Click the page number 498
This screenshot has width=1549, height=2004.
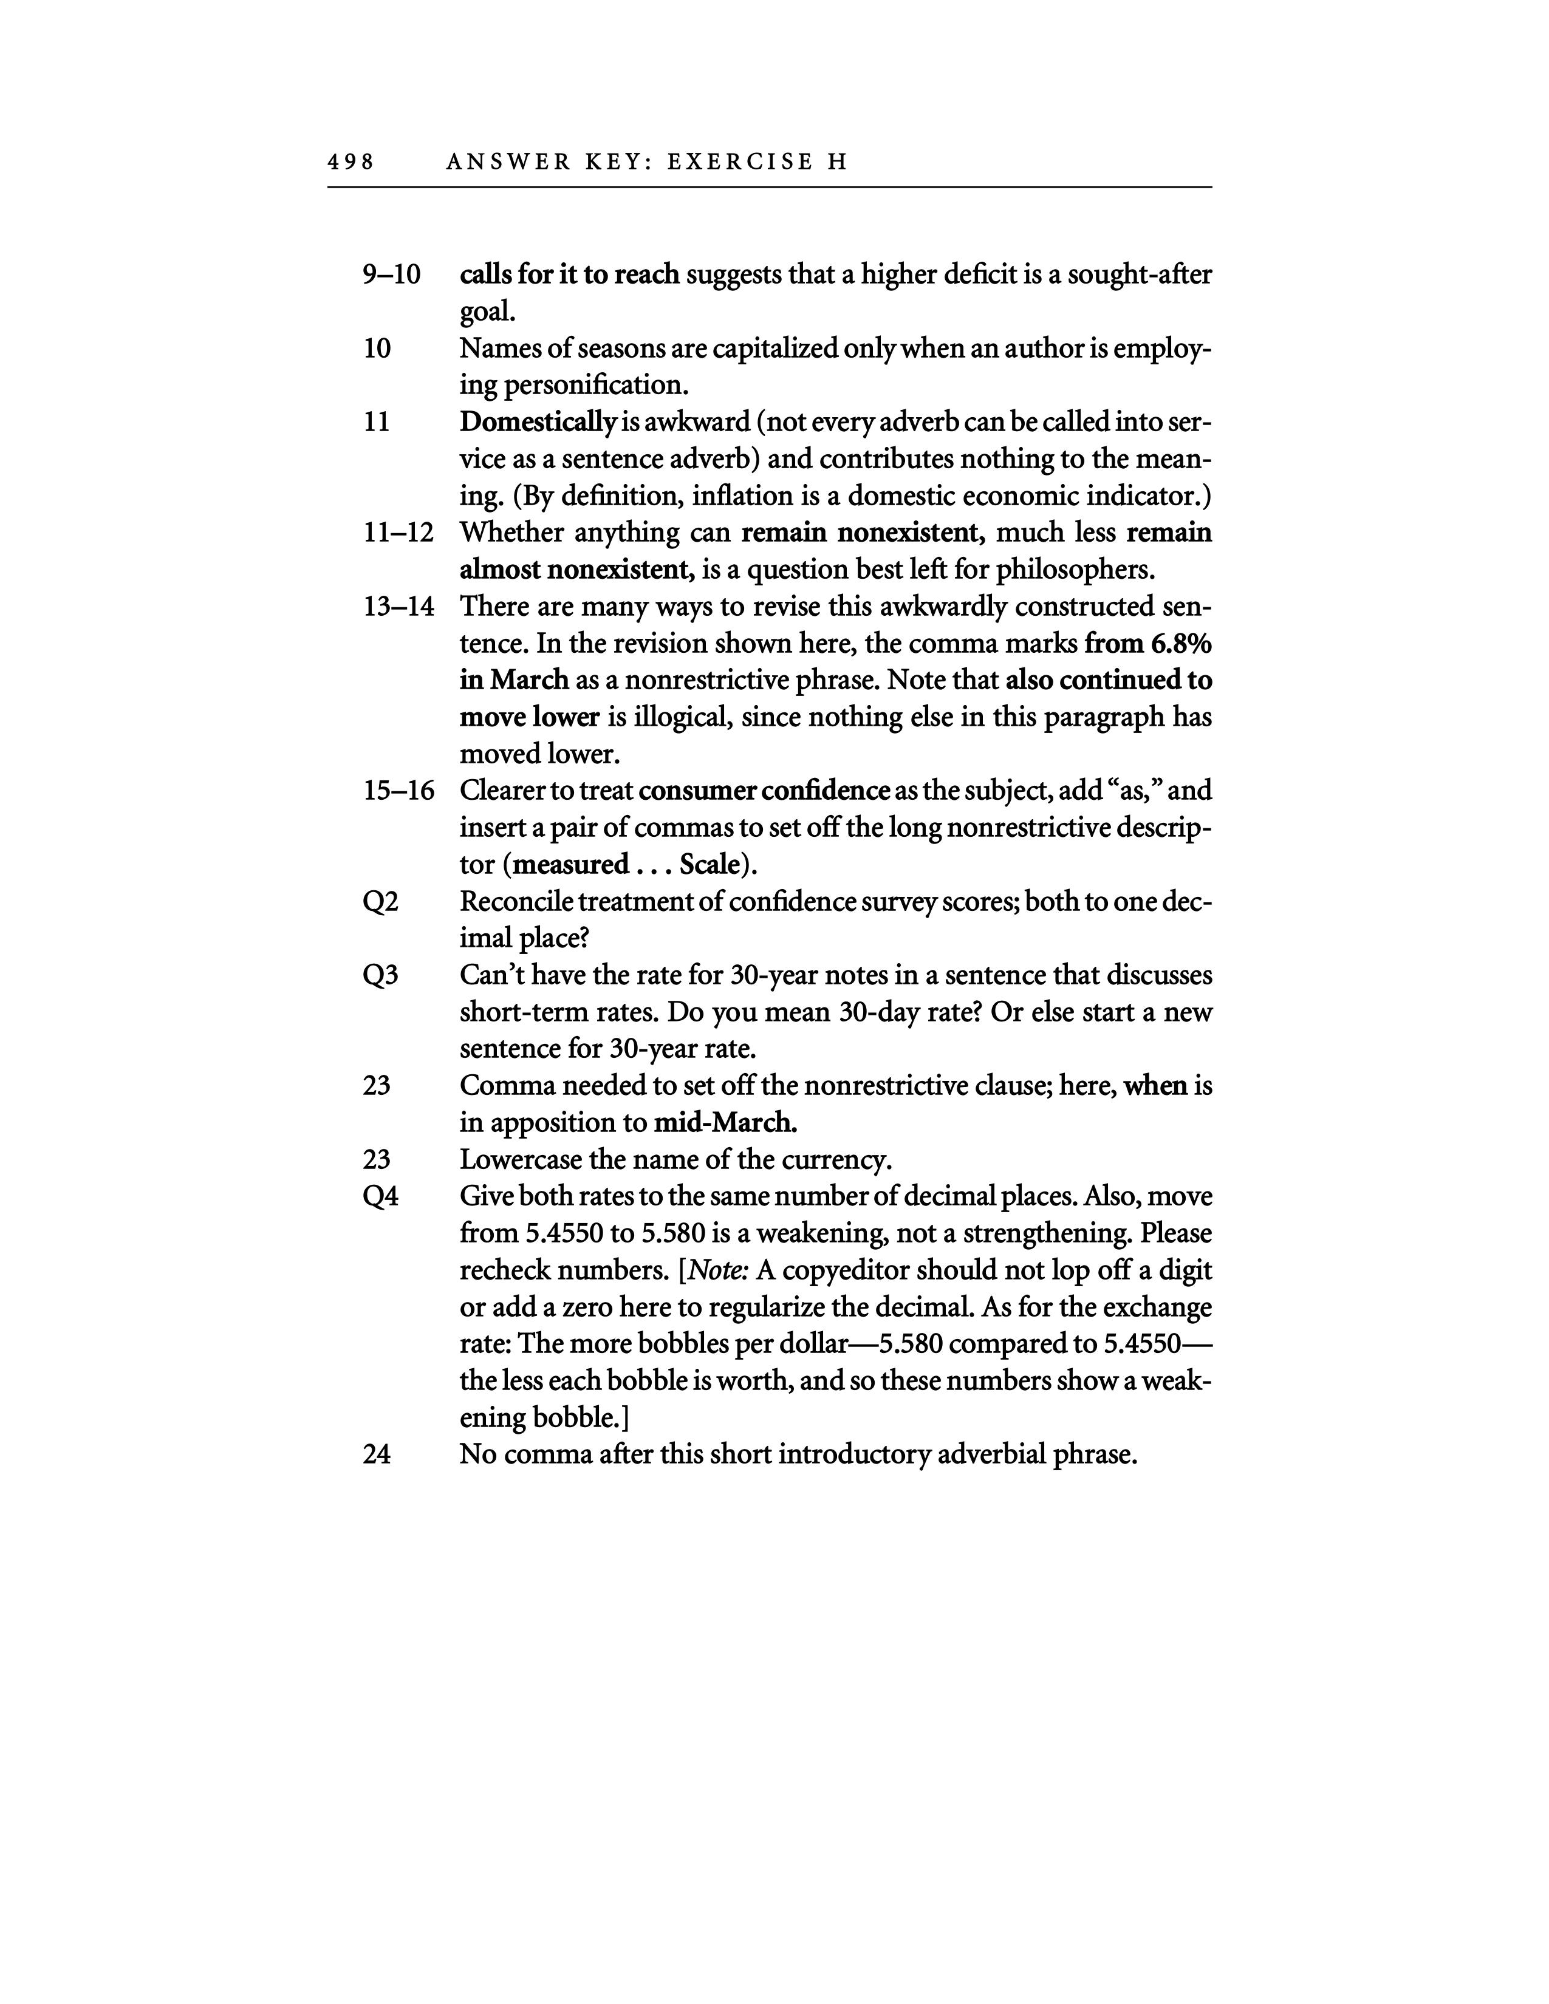pos(350,162)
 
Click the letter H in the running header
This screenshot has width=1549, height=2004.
pos(836,162)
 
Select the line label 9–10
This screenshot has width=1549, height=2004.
pos(392,274)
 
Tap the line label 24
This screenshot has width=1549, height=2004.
pos(377,1454)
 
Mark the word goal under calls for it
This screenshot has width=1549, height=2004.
pos(487,312)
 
